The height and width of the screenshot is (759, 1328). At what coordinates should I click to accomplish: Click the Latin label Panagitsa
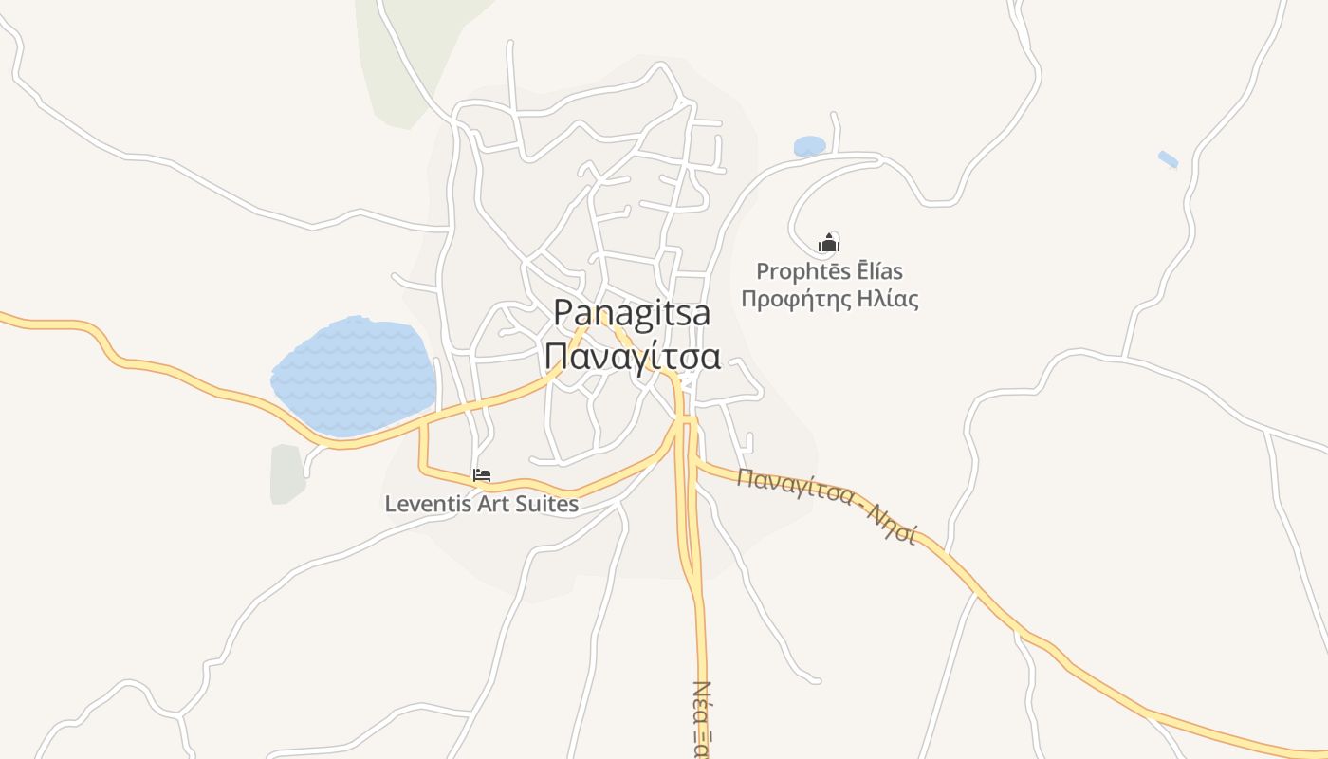point(632,313)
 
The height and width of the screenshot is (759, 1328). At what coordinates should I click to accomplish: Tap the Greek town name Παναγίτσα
point(633,357)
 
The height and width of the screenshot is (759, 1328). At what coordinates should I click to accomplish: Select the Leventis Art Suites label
point(481,504)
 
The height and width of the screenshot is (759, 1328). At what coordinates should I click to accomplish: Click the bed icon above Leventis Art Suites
point(482,475)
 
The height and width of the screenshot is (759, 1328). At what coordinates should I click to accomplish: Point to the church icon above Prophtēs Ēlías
point(829,243)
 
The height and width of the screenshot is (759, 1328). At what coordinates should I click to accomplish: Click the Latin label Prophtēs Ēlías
point(829,271)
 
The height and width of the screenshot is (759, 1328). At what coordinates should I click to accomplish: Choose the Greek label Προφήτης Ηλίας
point(829,300)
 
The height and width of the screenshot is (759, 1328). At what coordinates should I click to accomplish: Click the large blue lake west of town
point(354,375)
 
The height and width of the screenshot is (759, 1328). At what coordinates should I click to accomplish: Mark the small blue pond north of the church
point(809,146)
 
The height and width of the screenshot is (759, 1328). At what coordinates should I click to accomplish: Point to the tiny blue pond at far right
point(1168,159)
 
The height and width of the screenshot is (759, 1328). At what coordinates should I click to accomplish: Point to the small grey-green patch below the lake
point(286,473)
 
